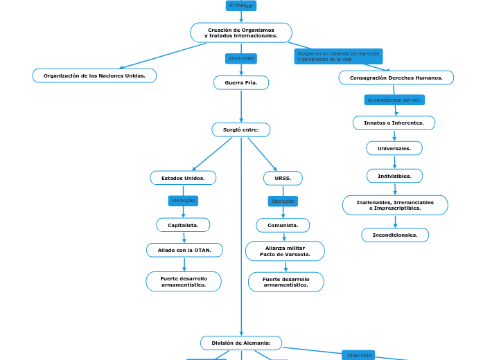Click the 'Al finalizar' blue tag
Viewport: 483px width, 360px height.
(x=241, y=6)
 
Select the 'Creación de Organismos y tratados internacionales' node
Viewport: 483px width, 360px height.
(x=241, y=33)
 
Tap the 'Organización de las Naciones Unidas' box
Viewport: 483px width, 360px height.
(x=94, y=75)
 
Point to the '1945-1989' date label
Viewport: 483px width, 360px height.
(x=241, y=59)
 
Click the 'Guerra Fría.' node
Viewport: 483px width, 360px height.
(x=241, y=83)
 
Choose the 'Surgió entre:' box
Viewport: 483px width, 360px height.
(x=241, y=129)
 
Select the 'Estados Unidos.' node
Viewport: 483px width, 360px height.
(x=183, y=178)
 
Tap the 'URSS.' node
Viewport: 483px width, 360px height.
(x=283, y=178)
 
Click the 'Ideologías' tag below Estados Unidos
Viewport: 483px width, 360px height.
(x=183, y=201)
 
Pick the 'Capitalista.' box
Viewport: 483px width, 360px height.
(x=183, y=225)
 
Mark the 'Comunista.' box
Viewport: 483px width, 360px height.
(x=283, y=225)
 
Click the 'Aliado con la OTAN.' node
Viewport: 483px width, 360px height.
(x=184, y=250)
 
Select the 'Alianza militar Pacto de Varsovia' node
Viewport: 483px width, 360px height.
(x=285, y=251)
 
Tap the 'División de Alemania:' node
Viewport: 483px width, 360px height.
(x=241, y=343)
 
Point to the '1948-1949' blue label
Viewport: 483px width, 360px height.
(x=359, y=355)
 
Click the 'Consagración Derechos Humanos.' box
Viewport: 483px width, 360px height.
(x=396, y=78)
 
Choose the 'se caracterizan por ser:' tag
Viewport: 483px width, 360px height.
(x=394, y=100)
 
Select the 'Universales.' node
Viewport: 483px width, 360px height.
(x=394, y=148)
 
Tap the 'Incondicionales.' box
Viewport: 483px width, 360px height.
(x=395, y=235)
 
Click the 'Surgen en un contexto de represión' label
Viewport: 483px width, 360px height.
(x=338, y=56)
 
